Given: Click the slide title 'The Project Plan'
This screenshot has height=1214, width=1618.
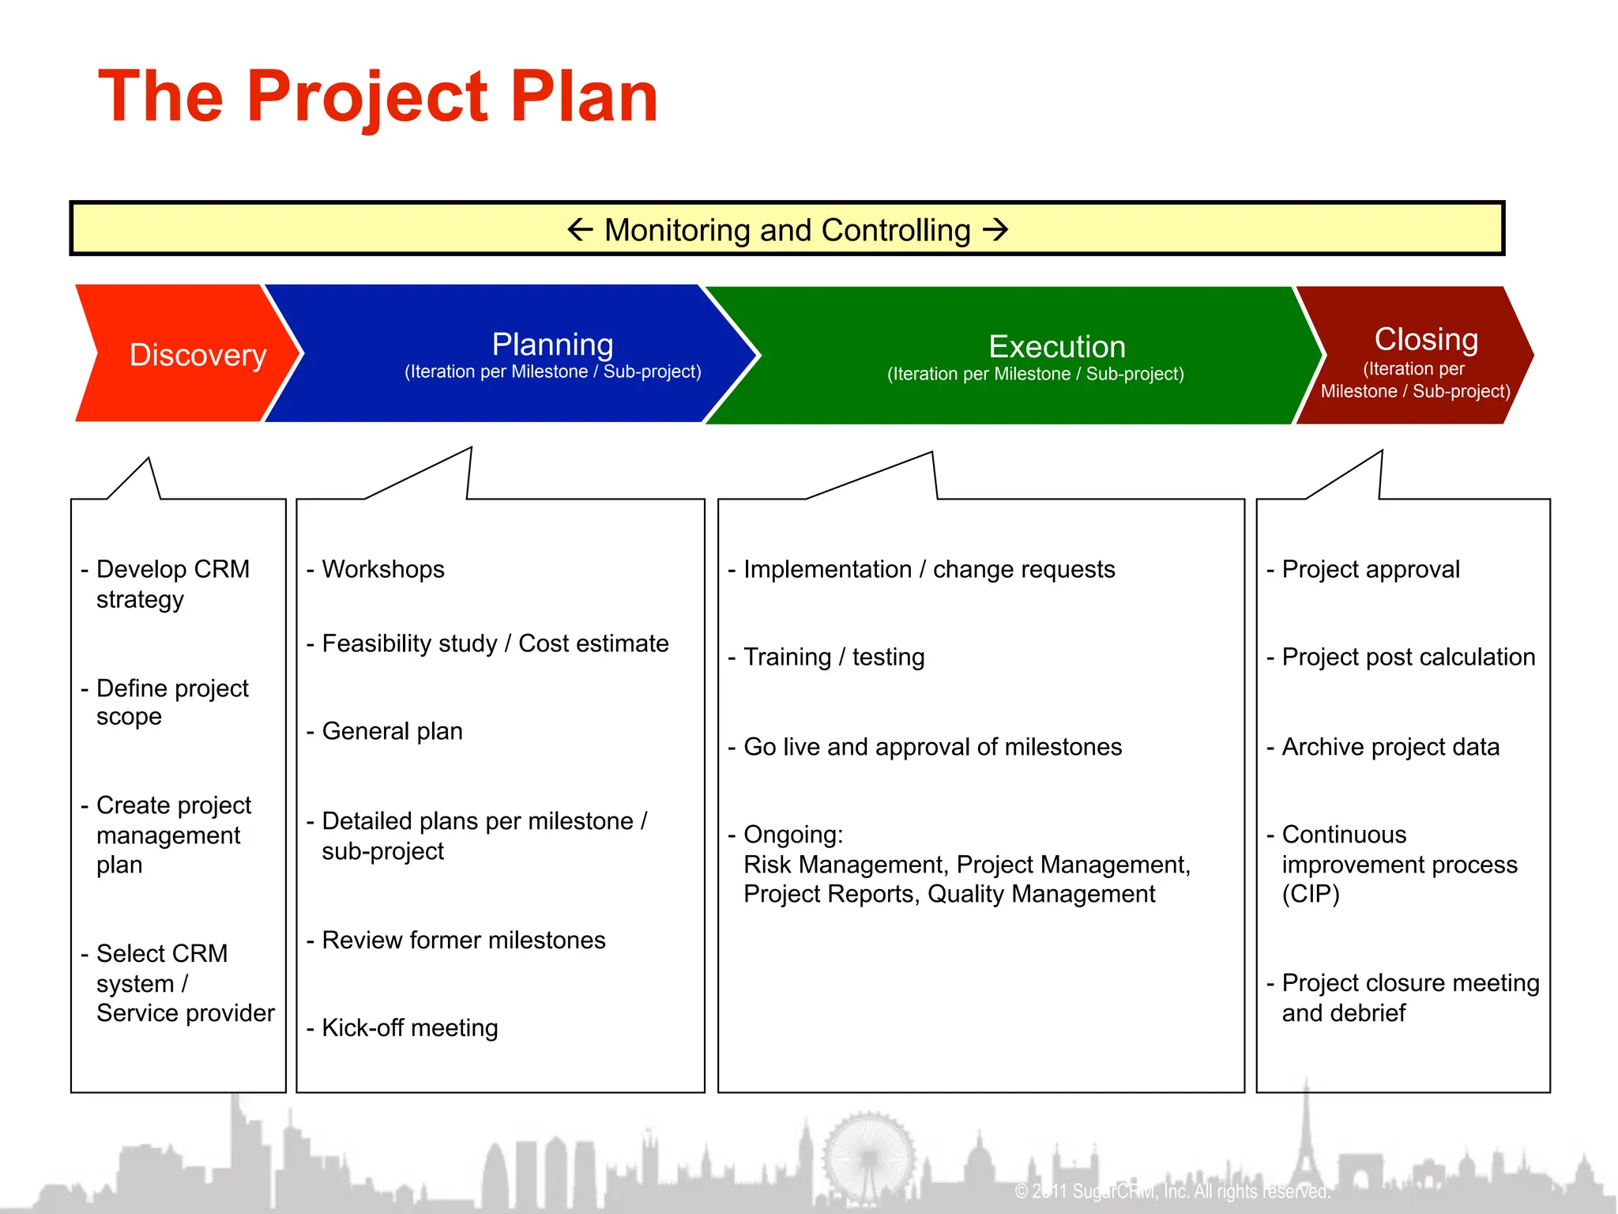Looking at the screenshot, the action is pos(378,96).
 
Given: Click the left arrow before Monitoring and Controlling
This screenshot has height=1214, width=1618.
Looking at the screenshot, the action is pos(580,230).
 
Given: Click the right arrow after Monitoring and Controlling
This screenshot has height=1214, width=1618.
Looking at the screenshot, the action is pos(995,230).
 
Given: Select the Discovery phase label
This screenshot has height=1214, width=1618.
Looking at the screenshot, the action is pos(198,355).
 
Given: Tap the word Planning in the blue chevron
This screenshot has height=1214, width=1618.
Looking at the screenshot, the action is pos(552,345).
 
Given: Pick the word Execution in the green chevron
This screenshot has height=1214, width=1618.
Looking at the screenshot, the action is pos(1057,347).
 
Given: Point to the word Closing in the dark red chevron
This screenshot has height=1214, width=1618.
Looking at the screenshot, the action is pos(1426,339).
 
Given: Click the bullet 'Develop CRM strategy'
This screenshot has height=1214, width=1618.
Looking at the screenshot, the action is pos(172,583).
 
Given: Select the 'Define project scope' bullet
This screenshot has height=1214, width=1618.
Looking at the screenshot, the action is pos(172,702).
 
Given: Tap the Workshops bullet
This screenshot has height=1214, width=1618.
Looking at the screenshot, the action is pos(383,569).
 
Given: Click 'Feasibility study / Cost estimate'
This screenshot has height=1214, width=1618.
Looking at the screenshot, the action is pos(495,643).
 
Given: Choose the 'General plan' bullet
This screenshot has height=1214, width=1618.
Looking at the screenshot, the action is pos(392,731).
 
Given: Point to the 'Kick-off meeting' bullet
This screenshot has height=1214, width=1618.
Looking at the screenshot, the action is pos(409,1027).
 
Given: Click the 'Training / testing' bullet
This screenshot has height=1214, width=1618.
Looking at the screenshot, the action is pos(833,657).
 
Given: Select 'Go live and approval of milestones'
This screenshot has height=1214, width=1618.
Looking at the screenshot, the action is pos(932,747).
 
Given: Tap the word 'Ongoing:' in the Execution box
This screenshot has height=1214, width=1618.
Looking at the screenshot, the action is pos(793,835).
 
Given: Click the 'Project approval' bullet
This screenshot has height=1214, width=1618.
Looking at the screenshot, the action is pos(1371,569).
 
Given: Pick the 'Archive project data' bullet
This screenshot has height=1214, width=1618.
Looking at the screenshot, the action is pos(1390,747).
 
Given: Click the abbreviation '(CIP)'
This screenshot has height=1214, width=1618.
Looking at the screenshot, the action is pos(1311,894).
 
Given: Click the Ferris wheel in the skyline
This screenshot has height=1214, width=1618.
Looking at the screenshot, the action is pos(869,1158).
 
